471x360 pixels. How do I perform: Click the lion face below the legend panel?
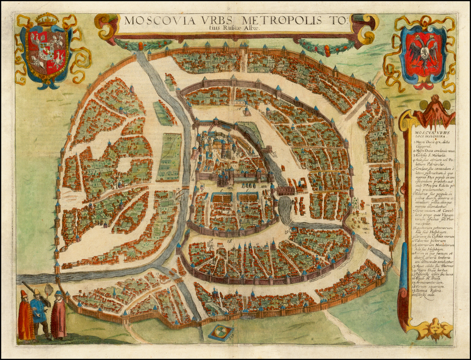pos(433,328)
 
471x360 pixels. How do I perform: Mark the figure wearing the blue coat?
pos(39,315)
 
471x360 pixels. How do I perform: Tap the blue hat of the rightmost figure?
pos(58,293)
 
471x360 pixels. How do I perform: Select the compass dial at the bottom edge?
pos(221,332)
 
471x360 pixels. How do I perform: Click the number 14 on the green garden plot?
pos(170,137)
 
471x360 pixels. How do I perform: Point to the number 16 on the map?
pos(239,109)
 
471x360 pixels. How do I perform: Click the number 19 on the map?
pos(287,231)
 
